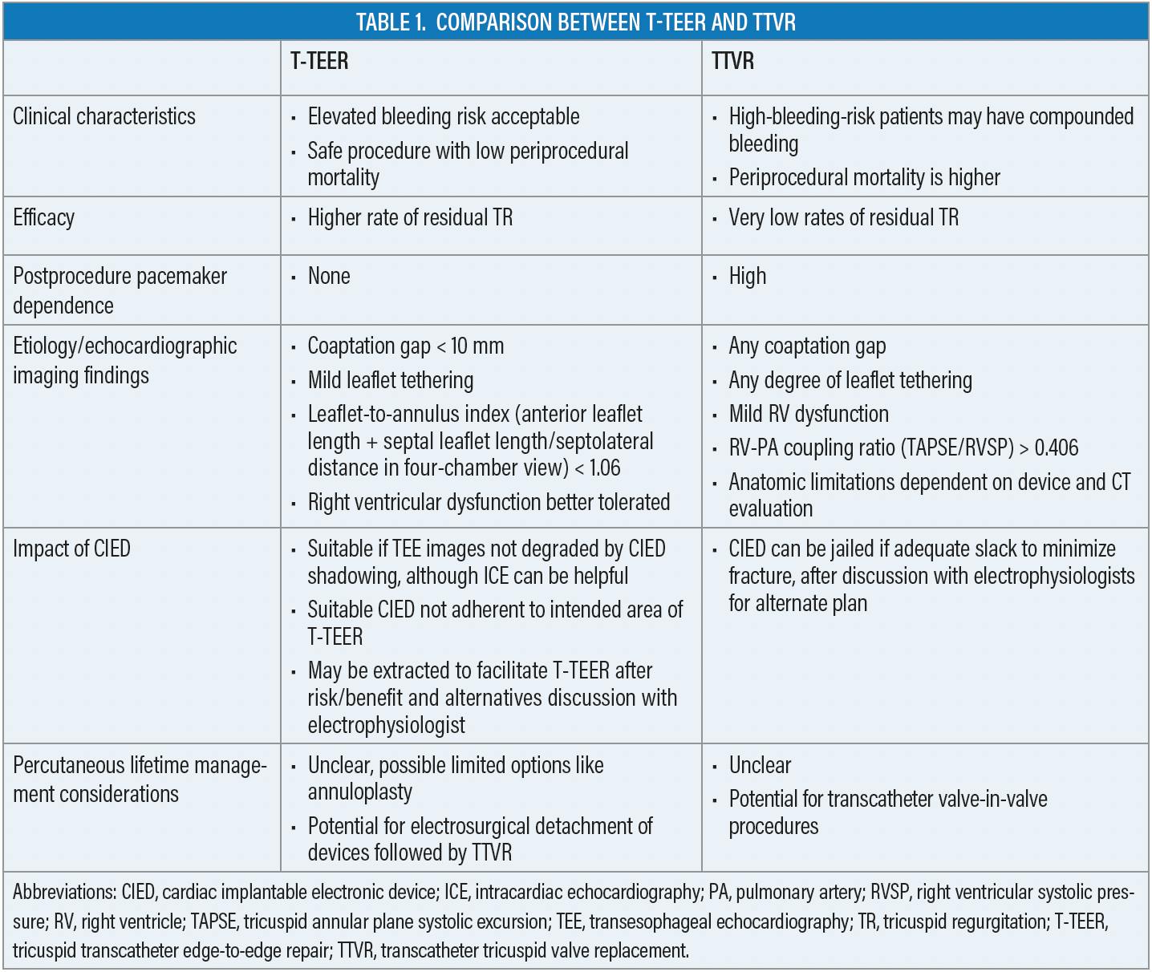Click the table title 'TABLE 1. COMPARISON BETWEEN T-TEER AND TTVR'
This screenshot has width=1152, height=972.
575,22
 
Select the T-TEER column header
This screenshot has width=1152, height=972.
319,61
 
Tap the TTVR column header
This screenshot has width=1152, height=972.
732,61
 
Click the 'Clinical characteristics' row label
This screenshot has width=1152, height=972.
104,116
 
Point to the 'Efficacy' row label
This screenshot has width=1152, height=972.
44,217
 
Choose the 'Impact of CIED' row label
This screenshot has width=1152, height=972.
71,549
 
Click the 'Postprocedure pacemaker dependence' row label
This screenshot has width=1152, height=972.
120,290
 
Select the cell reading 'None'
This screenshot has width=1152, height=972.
329,276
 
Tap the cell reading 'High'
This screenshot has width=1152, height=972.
747,276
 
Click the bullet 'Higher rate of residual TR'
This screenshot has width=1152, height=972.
410,217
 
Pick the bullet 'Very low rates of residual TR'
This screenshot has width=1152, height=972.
843,217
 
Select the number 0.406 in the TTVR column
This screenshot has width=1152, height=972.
1057,448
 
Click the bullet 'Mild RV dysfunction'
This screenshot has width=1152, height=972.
809,414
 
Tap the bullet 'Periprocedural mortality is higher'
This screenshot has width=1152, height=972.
864,177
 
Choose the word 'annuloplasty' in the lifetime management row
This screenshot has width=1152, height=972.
359,792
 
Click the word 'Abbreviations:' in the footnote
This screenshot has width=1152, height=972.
64,892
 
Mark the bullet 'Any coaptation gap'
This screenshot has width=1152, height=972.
807,346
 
